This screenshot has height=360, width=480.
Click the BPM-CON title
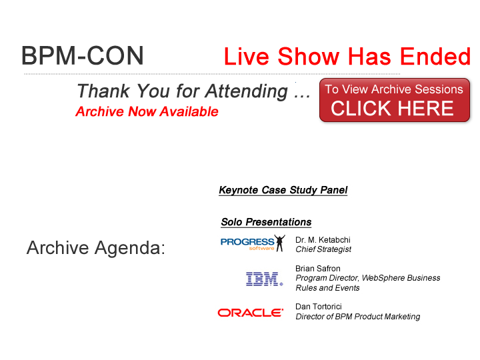(83, 55)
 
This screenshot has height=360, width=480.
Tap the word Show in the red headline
(309, 56)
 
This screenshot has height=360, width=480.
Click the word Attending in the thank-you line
(247, 91)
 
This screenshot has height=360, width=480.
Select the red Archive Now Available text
(147, 111)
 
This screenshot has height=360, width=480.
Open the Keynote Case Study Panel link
(283, 190)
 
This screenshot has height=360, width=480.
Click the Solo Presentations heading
(266, 222)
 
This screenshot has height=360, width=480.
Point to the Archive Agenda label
(96, 247)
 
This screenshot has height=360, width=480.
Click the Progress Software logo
(253, 243)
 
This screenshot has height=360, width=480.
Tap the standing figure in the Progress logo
(279, 243)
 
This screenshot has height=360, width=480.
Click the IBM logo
(265, 279)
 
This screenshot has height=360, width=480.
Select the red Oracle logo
(251, 313)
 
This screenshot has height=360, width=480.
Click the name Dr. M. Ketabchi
(323, 240)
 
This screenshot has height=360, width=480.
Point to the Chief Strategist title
(323, 249)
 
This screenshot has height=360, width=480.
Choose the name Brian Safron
(318, 269)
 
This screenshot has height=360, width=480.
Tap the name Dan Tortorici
(319, 307)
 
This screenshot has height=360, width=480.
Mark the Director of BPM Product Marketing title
(357, 317)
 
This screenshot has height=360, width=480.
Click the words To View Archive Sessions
(394, 89)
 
